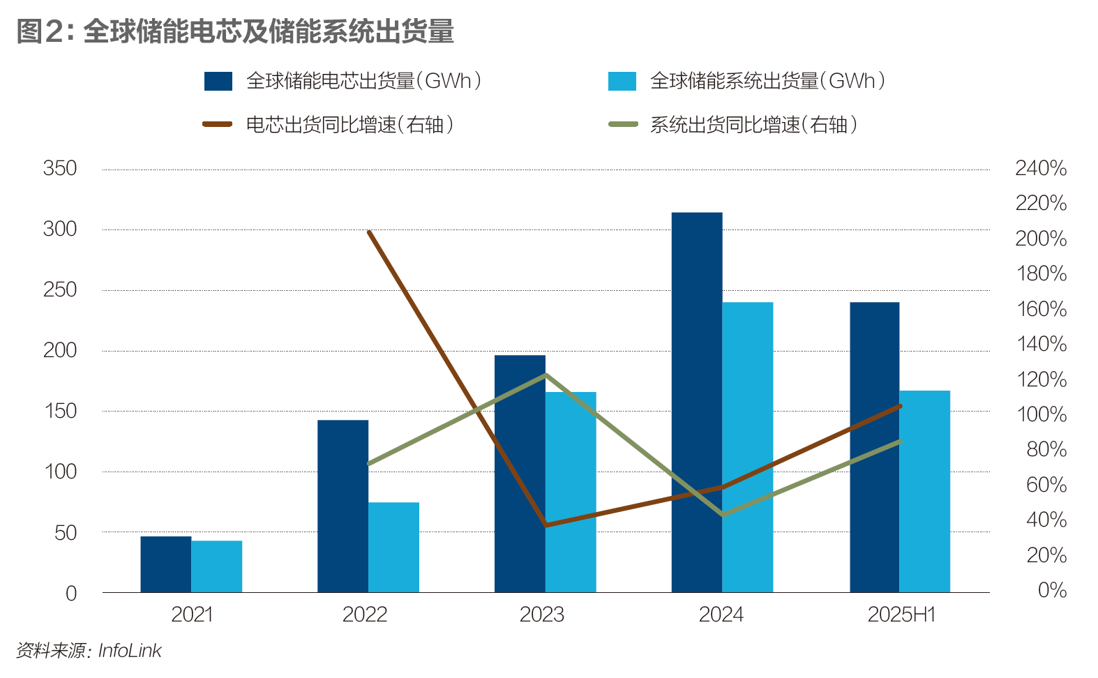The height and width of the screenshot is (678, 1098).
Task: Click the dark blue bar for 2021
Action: pos(166,564)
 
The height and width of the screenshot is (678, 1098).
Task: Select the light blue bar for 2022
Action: pos(393,548)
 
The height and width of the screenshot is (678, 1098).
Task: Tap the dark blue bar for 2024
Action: pos(697,402)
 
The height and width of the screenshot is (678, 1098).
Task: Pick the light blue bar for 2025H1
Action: pos(924,492)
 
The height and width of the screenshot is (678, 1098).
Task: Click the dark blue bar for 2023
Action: pos(520,474)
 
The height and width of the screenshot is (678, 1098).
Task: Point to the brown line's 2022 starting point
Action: pos(368,232)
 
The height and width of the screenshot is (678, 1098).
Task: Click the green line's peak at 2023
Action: pos(546,375)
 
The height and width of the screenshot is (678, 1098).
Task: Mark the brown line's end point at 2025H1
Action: pos(900,406)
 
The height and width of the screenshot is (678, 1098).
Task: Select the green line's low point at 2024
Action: pos(723,515)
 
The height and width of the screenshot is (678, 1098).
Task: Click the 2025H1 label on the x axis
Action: pos(901,615)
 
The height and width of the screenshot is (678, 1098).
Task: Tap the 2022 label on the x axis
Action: pos(365,615)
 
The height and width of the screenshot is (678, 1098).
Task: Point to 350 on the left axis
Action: pos(60,168)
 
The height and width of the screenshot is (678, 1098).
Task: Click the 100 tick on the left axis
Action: pos(60,472)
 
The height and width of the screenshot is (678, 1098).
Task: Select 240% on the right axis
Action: pos(1041,168)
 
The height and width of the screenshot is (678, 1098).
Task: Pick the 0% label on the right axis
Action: pos(1052,590)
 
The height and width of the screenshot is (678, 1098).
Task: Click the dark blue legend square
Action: pos(218,81)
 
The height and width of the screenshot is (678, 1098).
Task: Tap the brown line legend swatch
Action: pos(217,124)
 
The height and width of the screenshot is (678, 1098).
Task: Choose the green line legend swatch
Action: pos(623,124)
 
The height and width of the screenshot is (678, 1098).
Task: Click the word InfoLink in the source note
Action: pos(130,651)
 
